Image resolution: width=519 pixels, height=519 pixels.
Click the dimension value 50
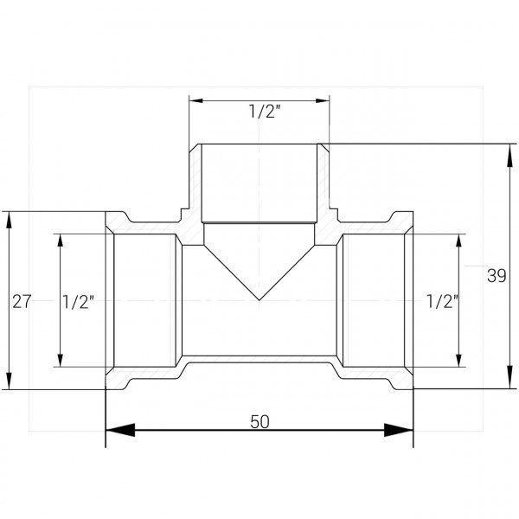tap(259, 422)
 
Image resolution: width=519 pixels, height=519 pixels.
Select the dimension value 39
tap(497, 276)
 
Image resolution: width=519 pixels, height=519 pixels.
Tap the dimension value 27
tap(22, 302)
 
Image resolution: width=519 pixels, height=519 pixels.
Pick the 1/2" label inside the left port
tap(79, 302)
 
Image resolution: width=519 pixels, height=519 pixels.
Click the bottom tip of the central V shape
tap(259, 300)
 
